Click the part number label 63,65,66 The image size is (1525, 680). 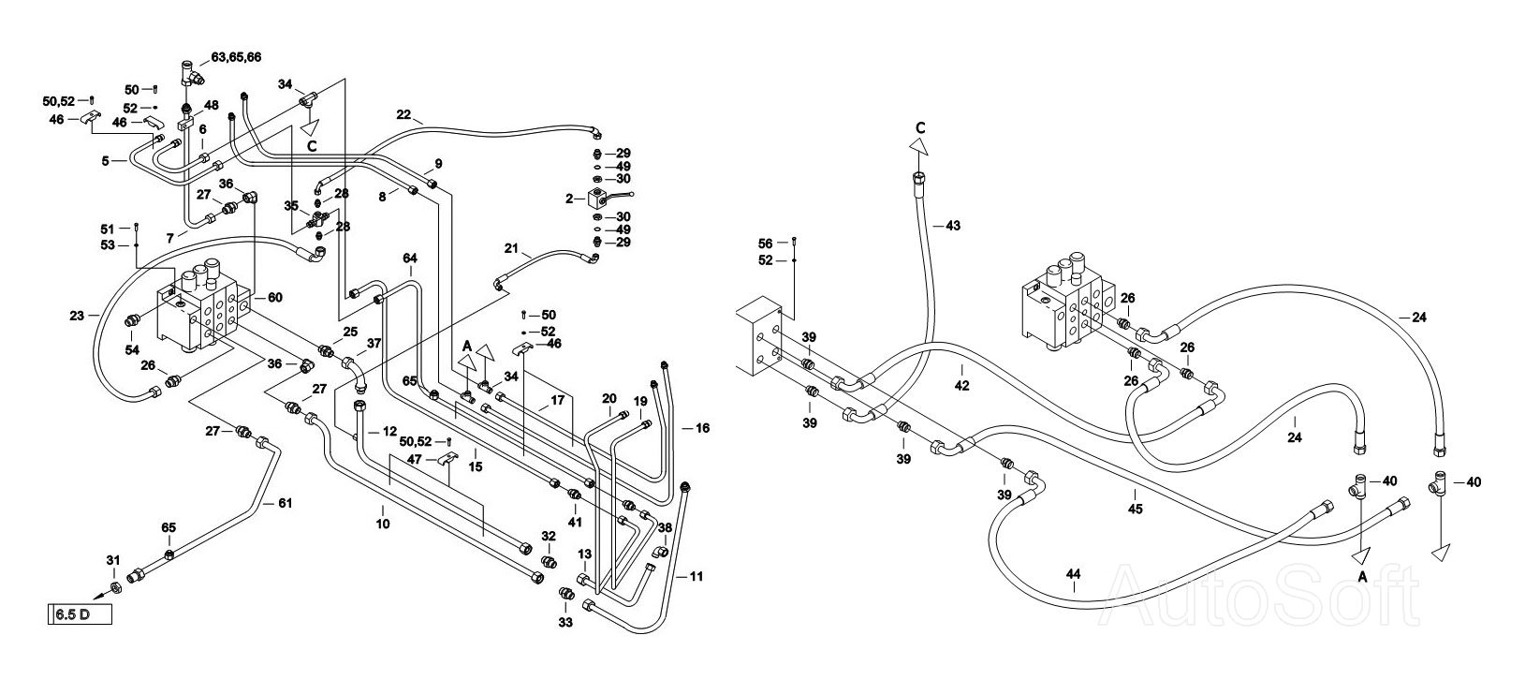point(236,57)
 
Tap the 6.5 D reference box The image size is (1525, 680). point(79,614)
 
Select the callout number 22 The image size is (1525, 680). point(403,114)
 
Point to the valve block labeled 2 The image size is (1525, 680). point(598,199)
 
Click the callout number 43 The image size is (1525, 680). point(953,226)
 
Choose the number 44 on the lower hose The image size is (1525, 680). point(1073,574)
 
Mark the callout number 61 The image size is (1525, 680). point(286,504)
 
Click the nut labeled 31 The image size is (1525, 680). point(116,587)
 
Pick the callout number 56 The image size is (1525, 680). point(766,244)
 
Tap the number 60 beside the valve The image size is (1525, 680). point(275,298)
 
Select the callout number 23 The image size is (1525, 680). point(77,316)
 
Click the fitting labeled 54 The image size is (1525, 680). point(133,320)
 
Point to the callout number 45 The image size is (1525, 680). point(1135,509)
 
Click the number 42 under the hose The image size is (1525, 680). point(961,386)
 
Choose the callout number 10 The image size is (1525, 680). point(383,524)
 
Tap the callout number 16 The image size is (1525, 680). point(703,428)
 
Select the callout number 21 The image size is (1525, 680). point(512,248)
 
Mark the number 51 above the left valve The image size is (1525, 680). point(108,229)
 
